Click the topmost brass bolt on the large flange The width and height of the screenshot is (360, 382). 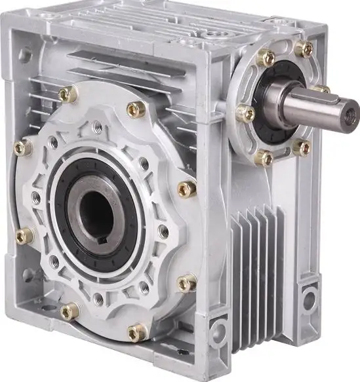point(67,94)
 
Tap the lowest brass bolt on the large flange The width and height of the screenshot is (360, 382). point(137,332)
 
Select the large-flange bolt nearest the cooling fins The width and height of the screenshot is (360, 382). point(186,282)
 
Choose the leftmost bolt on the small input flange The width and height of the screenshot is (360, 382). point(245,113)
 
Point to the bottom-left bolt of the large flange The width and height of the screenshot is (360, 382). point(70,311)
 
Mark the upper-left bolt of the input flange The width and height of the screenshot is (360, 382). point(265,58)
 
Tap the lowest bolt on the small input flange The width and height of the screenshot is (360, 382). point(264,157)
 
